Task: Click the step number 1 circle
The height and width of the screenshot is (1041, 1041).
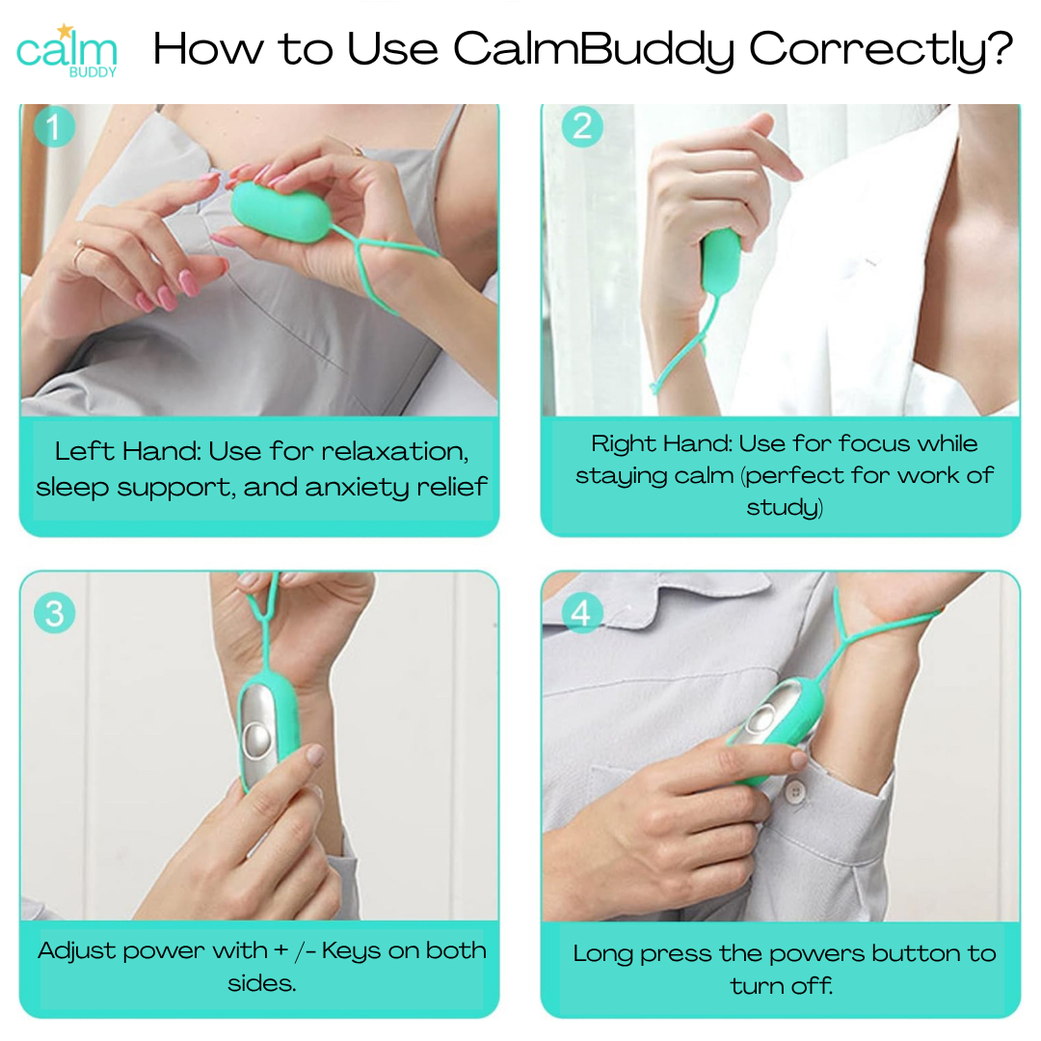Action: [x=54, y=126]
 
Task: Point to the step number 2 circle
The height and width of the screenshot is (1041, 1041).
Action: [x=582, y=126]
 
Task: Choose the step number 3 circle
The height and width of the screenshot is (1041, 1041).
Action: [x=54, y=612]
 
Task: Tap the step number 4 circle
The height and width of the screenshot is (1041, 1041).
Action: [x=581, y=612]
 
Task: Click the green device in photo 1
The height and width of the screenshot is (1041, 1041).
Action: [x=280, y=211]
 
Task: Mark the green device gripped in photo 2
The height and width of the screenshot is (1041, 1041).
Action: [x=720, y=260]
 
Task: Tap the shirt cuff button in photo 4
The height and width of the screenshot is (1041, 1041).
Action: [x=794, y=790]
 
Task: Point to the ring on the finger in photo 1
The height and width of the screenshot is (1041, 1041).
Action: [x=79, y=253]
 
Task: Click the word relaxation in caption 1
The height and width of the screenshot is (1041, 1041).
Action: [x=395, y=451]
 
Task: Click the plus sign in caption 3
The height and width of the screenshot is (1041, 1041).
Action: [x=280, y=950]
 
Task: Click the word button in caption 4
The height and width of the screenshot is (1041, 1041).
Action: [x=916, y=954]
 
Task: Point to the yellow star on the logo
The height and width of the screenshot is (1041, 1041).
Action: [x=65, y=31]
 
